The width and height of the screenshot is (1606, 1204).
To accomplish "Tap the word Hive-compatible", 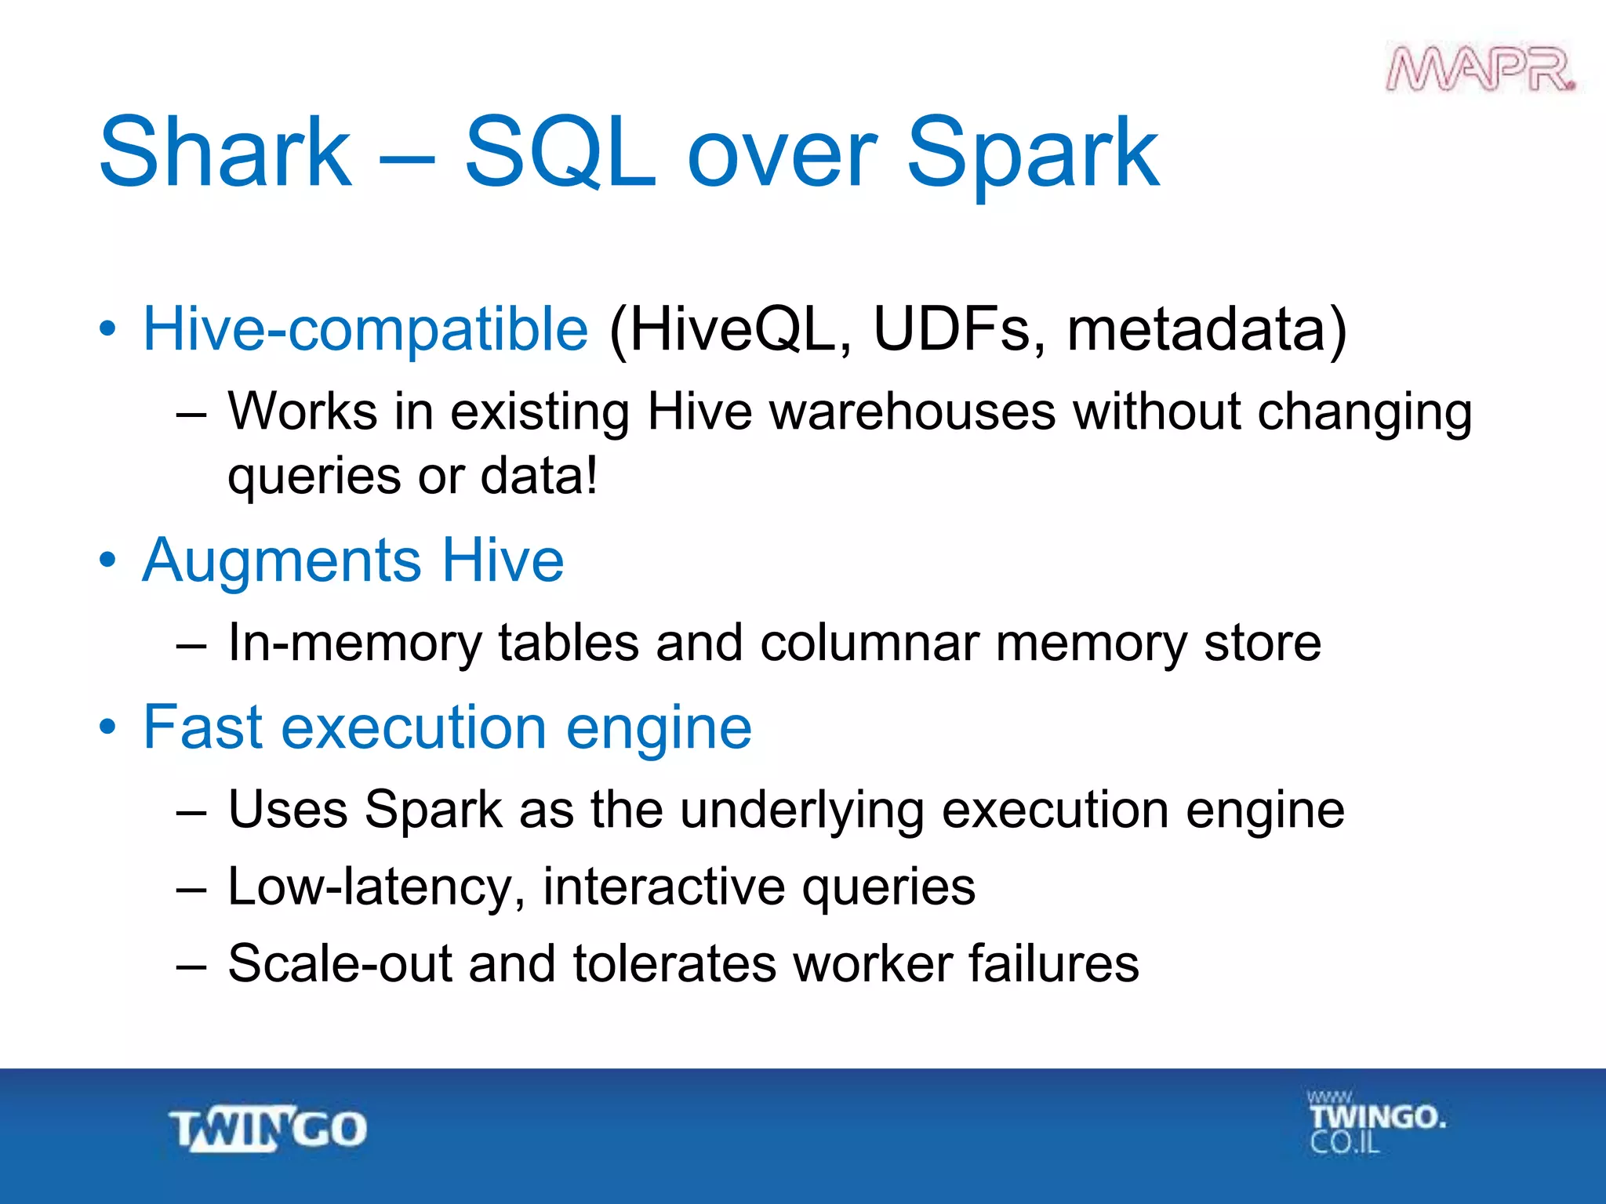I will pyautogui.click(x=365, y=329).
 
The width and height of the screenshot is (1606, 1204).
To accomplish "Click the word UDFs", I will pyautogui.click(x=958, y=329).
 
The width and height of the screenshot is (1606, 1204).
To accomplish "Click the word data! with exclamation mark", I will pyautogui.click(x=539, y=476).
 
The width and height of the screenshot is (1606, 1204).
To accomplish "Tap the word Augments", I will pyautogui.click(x=282, y=560).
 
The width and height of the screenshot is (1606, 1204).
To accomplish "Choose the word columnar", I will pyautogui.click(x=869, y=644).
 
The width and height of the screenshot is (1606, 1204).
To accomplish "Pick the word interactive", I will pyautogui.click(x=664, y=887).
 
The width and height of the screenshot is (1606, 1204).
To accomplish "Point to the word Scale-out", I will pyautogui.click(x=340, y=963).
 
